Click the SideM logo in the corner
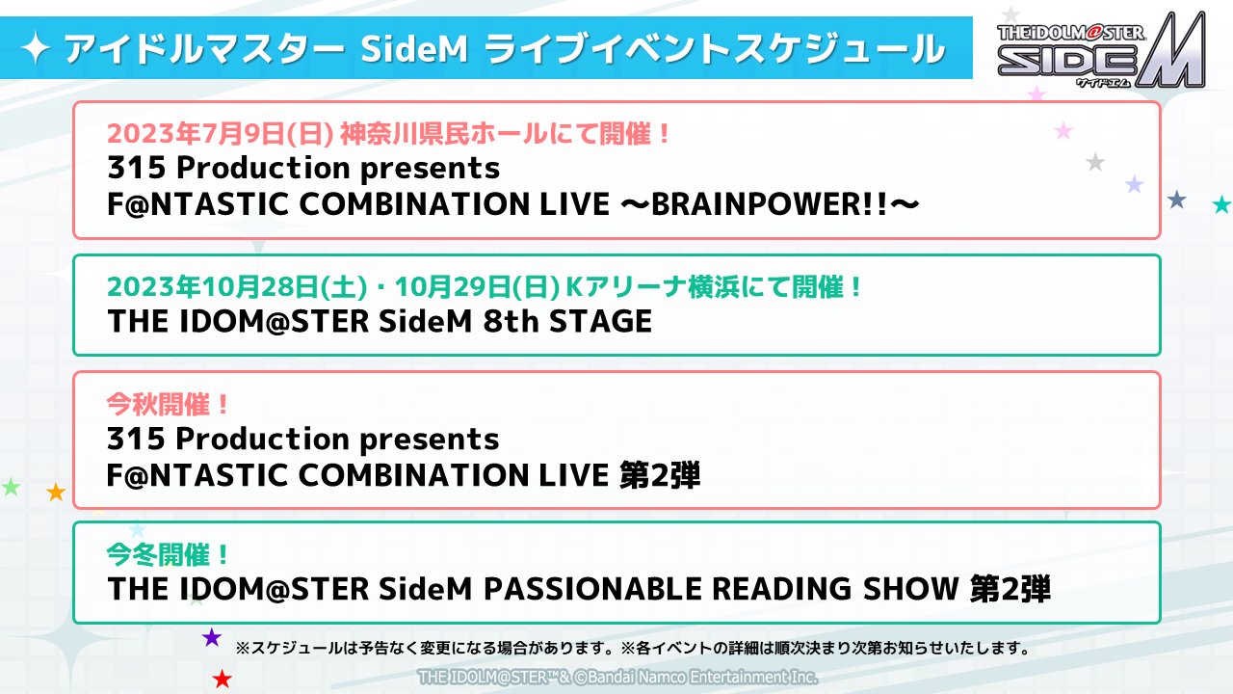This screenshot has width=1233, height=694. [1101, 51]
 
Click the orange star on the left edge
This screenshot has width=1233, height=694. [56, 493]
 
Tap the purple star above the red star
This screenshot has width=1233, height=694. [212, 637]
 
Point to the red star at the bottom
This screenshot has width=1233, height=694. [223, 680]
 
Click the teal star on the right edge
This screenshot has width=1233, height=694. [1221, 204]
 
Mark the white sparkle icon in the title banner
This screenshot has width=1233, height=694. [36, 48]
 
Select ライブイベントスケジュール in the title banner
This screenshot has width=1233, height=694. [715, 48]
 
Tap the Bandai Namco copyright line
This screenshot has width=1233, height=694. [617, 677]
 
